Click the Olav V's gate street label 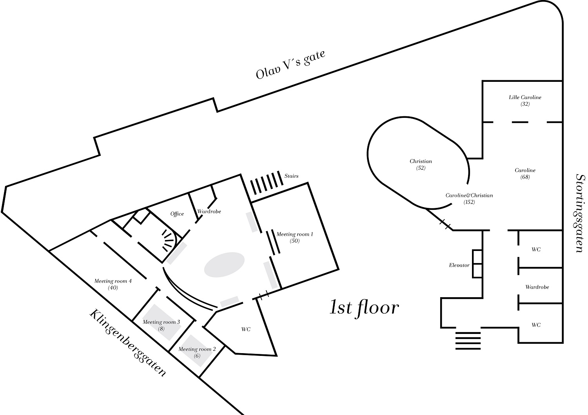[290, 65]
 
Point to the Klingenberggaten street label [127, 343]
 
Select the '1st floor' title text [364, 308]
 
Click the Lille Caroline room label [525, 97]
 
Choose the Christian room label [421, 161]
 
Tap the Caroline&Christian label [469, 195]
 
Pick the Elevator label [459, 265]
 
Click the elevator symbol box [477, 264]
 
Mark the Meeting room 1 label [295, 235]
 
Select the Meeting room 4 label [113, 281]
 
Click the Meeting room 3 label [161, 322]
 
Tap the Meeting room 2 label [197, 349]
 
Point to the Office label [177, 214]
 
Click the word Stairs [291, 176]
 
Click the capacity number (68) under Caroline [525, 177]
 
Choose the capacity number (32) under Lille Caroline [525, 104]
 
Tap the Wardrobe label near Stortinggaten [537, 287]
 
